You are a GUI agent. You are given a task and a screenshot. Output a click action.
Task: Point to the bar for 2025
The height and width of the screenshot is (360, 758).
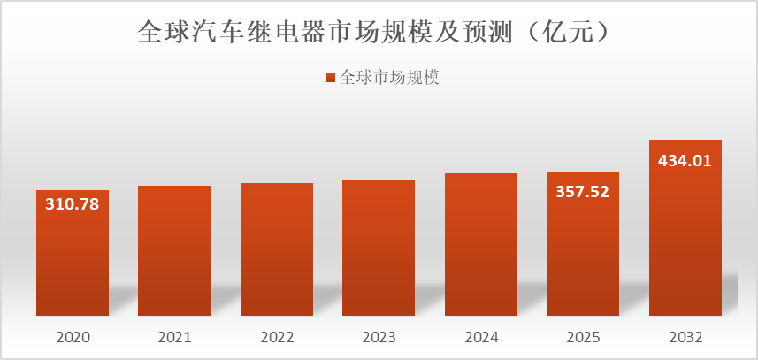click(x=583, y=257)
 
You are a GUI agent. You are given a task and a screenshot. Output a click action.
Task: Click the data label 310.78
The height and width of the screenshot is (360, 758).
click(x=73, y=204)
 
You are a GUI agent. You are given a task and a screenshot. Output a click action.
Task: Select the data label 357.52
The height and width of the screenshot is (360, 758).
click(x=583, y=191)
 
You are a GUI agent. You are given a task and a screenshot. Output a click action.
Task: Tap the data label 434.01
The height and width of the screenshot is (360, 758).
click(x=685, y=161)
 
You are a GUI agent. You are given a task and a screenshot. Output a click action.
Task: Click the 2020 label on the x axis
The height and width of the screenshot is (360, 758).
click(x=73, y=337)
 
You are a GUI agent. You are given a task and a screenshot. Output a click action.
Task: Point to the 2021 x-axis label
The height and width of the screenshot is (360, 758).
click(x=174, y=337)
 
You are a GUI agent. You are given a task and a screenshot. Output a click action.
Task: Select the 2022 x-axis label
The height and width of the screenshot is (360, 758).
click(x=277, y=337)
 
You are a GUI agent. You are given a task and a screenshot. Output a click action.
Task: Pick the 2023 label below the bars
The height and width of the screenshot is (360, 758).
click(x=379, y=337)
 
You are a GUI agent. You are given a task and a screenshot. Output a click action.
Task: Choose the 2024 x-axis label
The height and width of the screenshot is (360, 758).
click(x=481, y=337)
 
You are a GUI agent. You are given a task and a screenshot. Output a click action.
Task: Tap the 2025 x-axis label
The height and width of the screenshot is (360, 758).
click(x=583, y=337)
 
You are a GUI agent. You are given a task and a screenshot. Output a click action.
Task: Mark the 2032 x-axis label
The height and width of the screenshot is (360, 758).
click(x=685, y=337)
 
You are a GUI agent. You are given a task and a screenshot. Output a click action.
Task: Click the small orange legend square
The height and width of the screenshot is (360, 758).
click(x=330, y=78)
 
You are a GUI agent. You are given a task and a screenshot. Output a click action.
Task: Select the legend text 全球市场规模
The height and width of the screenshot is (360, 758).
click(x=390, y=78)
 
